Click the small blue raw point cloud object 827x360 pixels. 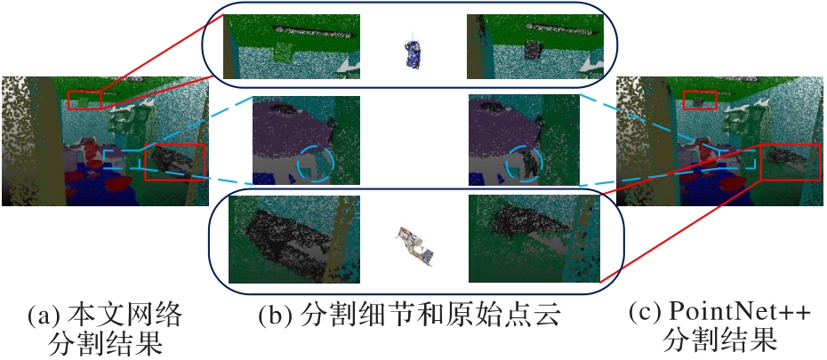coord(413,52)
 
